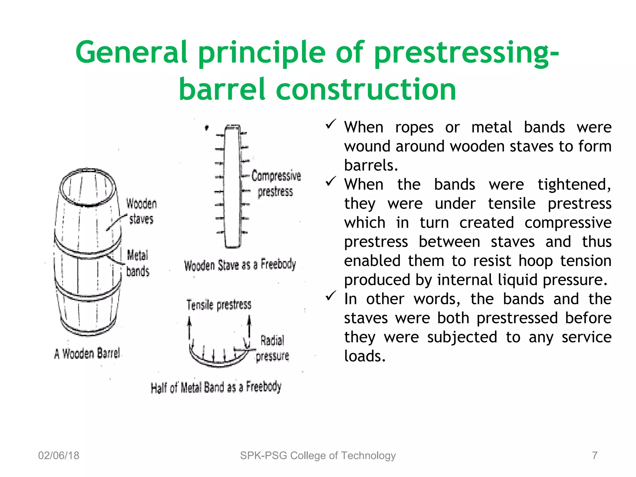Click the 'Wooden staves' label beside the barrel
pos(141,211)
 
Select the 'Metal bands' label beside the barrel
pos(138,263)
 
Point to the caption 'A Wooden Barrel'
pos(87,354)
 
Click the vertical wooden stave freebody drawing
pos(233,186)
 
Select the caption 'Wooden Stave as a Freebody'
pos(240,265)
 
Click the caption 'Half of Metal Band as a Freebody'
pos(216,388)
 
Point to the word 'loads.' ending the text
pos(365,356)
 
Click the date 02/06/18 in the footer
pos(59,456)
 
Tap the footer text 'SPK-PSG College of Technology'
pos(318,456)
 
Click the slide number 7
pos(595,456)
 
